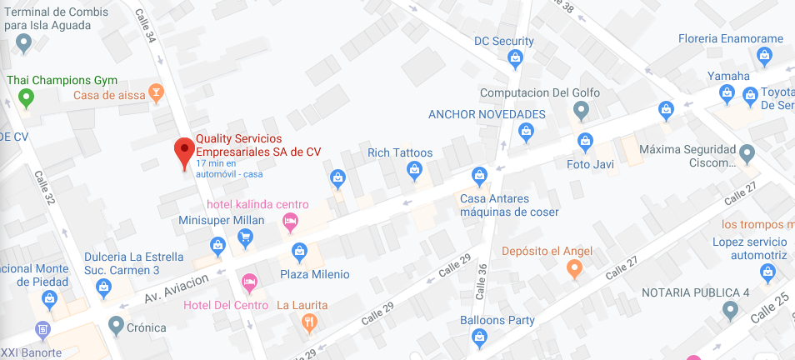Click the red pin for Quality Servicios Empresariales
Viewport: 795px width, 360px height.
[184, 152]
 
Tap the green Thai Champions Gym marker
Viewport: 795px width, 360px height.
[26, 99]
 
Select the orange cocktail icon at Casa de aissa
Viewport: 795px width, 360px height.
[155, 92]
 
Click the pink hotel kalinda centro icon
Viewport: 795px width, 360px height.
[290, 222]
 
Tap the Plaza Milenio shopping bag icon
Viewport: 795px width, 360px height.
[299, 251]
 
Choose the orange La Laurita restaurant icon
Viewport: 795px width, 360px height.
[310, 322]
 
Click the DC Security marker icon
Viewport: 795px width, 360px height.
[515, 58]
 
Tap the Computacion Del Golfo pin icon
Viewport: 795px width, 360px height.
[582, 109]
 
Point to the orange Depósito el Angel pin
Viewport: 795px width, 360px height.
[573, 268]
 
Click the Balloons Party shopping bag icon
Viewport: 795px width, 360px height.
[478, 337]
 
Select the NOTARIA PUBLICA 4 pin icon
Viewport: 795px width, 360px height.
[730, 310]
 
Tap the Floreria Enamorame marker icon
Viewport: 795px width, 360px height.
[764, 56]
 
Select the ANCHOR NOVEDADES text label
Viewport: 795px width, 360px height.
[487, 114]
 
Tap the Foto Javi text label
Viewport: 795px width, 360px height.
[590, 164]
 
